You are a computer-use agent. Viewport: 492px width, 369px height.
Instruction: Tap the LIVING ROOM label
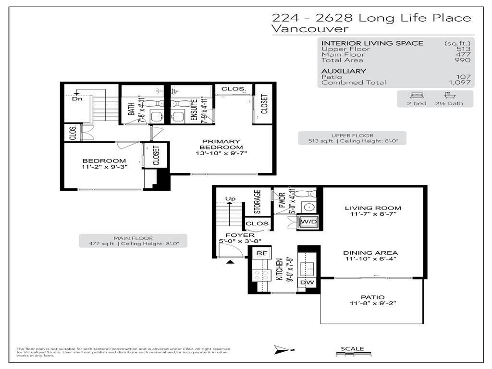coord(372,208)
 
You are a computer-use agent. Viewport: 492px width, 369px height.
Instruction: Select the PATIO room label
coord(372,297)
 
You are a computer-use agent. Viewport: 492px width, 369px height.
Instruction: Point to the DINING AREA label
coord(370,253)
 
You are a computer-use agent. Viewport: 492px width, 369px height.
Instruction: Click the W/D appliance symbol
coord(307,221)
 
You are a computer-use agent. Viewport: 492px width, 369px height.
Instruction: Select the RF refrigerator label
coord(262,253)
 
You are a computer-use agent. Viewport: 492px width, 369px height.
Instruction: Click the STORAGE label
coord(258,202)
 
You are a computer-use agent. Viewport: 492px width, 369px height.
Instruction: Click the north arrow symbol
coord(281,349)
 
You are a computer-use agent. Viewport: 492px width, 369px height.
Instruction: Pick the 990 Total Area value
coord(464,60)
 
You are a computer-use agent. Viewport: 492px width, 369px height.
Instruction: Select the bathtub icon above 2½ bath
coord(449,95)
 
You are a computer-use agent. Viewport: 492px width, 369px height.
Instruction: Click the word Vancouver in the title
coord(310,29)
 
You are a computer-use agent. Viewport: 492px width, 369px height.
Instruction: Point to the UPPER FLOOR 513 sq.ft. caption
coord(352,138)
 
